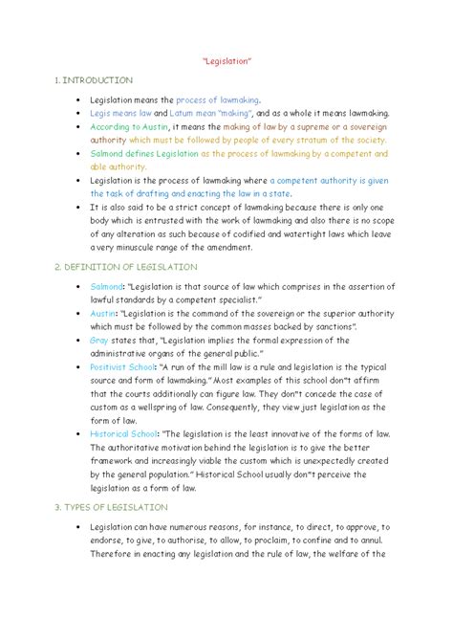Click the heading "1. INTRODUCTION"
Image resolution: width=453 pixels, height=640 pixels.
[x=96, y=80]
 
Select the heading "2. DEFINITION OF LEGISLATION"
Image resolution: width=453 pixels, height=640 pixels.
[x=128, y=267]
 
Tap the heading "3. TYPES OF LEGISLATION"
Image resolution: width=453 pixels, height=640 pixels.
[x=113, y=506]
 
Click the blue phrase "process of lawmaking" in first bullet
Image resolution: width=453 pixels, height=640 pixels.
[x=217, y=99]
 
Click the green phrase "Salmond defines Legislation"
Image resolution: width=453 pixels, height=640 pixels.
[x=144, y=153]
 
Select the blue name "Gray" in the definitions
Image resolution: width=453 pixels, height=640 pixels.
[x=98, y=340]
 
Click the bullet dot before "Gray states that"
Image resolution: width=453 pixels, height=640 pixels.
[x=75, y=340]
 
